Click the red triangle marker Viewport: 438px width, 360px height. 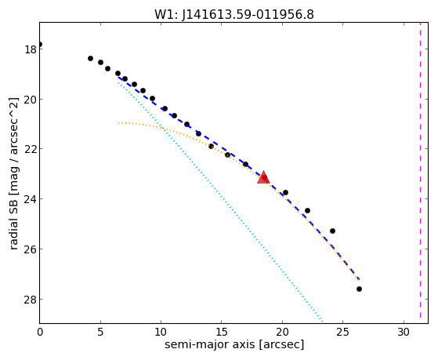pos(263,178)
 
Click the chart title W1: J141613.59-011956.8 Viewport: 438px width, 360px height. pos(234,15)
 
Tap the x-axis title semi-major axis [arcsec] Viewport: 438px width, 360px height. pos(234,344)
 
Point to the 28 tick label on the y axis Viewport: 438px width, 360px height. pos(31,300)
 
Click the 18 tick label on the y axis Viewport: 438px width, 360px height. pos(31,49)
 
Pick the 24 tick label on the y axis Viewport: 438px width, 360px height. pos(31,199)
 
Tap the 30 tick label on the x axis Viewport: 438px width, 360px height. pos(404,333)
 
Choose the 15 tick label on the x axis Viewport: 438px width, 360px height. pos(222,333)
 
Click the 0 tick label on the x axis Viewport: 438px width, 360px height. pos(40,333)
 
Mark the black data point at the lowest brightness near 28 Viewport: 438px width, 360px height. pos(359,289)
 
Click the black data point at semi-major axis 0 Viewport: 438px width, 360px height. pos(40,44)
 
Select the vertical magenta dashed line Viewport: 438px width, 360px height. pos(420,170)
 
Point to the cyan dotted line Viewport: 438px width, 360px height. pos(221,202)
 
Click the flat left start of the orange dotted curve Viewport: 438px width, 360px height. pos(119,122)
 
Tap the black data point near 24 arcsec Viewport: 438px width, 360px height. pos(332,231)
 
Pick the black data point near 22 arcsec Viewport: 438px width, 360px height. pos(307,210)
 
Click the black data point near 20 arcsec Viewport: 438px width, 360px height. pos(285,192)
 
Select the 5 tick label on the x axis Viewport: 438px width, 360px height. pos(100,333)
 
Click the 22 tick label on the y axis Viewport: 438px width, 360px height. pos(31,149)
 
